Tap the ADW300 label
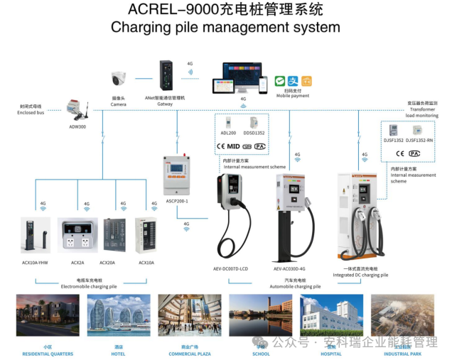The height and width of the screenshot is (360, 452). click(77, 126)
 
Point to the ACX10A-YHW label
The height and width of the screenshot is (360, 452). click(35, 263)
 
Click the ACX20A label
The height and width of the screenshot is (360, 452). click(108, 263)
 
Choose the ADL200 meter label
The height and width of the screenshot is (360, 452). click(228, 132)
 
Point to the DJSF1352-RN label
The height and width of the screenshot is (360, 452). click(419, 140)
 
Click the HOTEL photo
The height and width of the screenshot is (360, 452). click(118, 315)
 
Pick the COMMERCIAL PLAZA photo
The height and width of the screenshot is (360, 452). click(189, 315)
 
